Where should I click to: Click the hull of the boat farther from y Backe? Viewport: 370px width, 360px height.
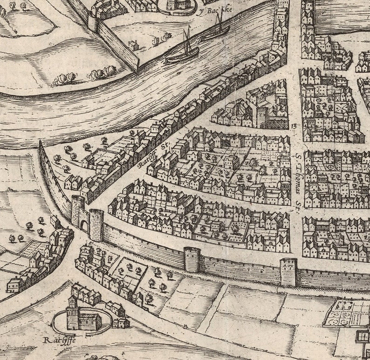(182, 57)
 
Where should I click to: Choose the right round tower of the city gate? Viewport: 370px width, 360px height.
(96, 224)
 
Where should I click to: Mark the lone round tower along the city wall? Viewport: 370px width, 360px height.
(192, 259)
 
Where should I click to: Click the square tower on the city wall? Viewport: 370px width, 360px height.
(288, 272)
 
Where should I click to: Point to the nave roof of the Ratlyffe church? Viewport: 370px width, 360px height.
(89, 317)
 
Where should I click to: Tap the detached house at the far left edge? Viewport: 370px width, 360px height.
(14, 284)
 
